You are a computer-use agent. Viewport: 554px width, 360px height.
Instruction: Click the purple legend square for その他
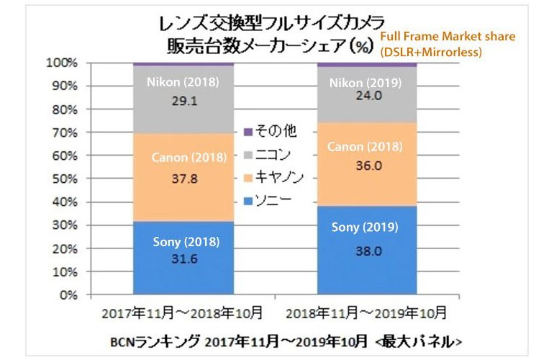click(x=248, y=132)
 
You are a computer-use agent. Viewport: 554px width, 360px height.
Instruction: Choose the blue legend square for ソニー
click(x=248, y=198)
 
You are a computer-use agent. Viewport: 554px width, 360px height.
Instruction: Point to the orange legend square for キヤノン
click(x=248, y=176)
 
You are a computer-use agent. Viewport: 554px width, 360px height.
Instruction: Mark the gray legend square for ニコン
click(x=248, y=153)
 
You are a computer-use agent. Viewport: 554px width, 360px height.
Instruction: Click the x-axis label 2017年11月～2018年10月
click(x=181, y=314)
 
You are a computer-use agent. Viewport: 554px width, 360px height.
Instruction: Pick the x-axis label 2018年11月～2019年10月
click(x=367, y=314)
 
